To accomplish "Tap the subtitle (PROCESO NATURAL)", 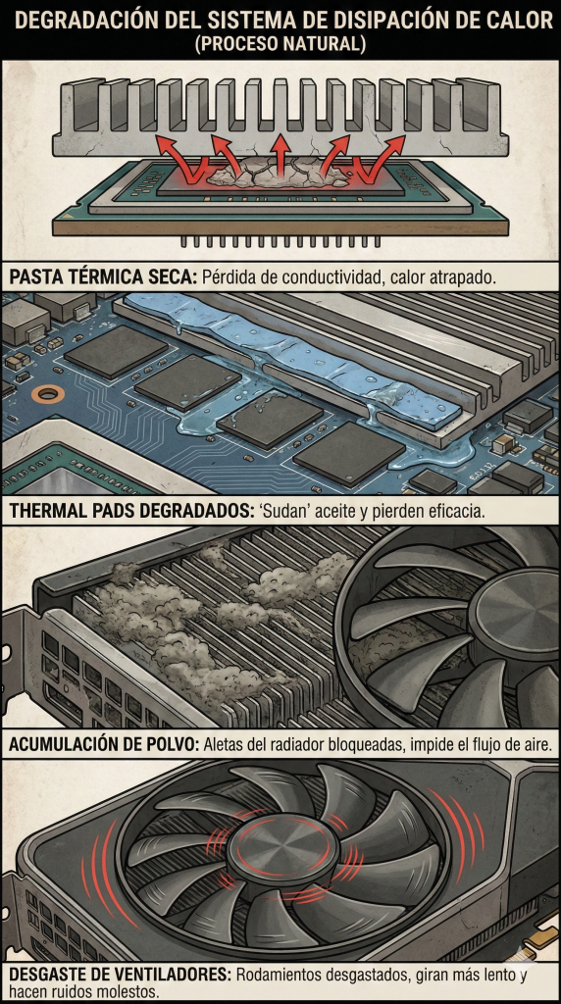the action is [x=280, y=44].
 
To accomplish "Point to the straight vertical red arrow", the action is [x=280, y=155].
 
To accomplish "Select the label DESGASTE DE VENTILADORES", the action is [x=120, y=976].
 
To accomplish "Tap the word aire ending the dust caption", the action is [x=537, y=745].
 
